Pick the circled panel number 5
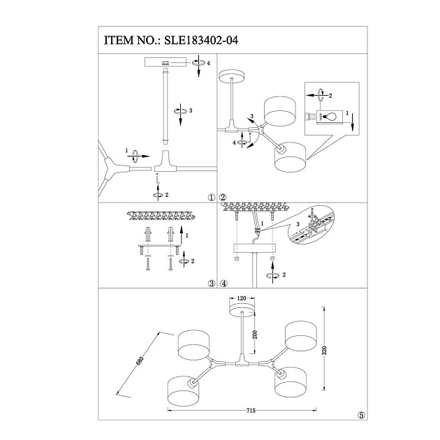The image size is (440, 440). [360, 414]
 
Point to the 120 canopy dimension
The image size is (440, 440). [242, 298]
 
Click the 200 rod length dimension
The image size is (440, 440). [256, 335]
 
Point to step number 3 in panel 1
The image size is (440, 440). [189, 111]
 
